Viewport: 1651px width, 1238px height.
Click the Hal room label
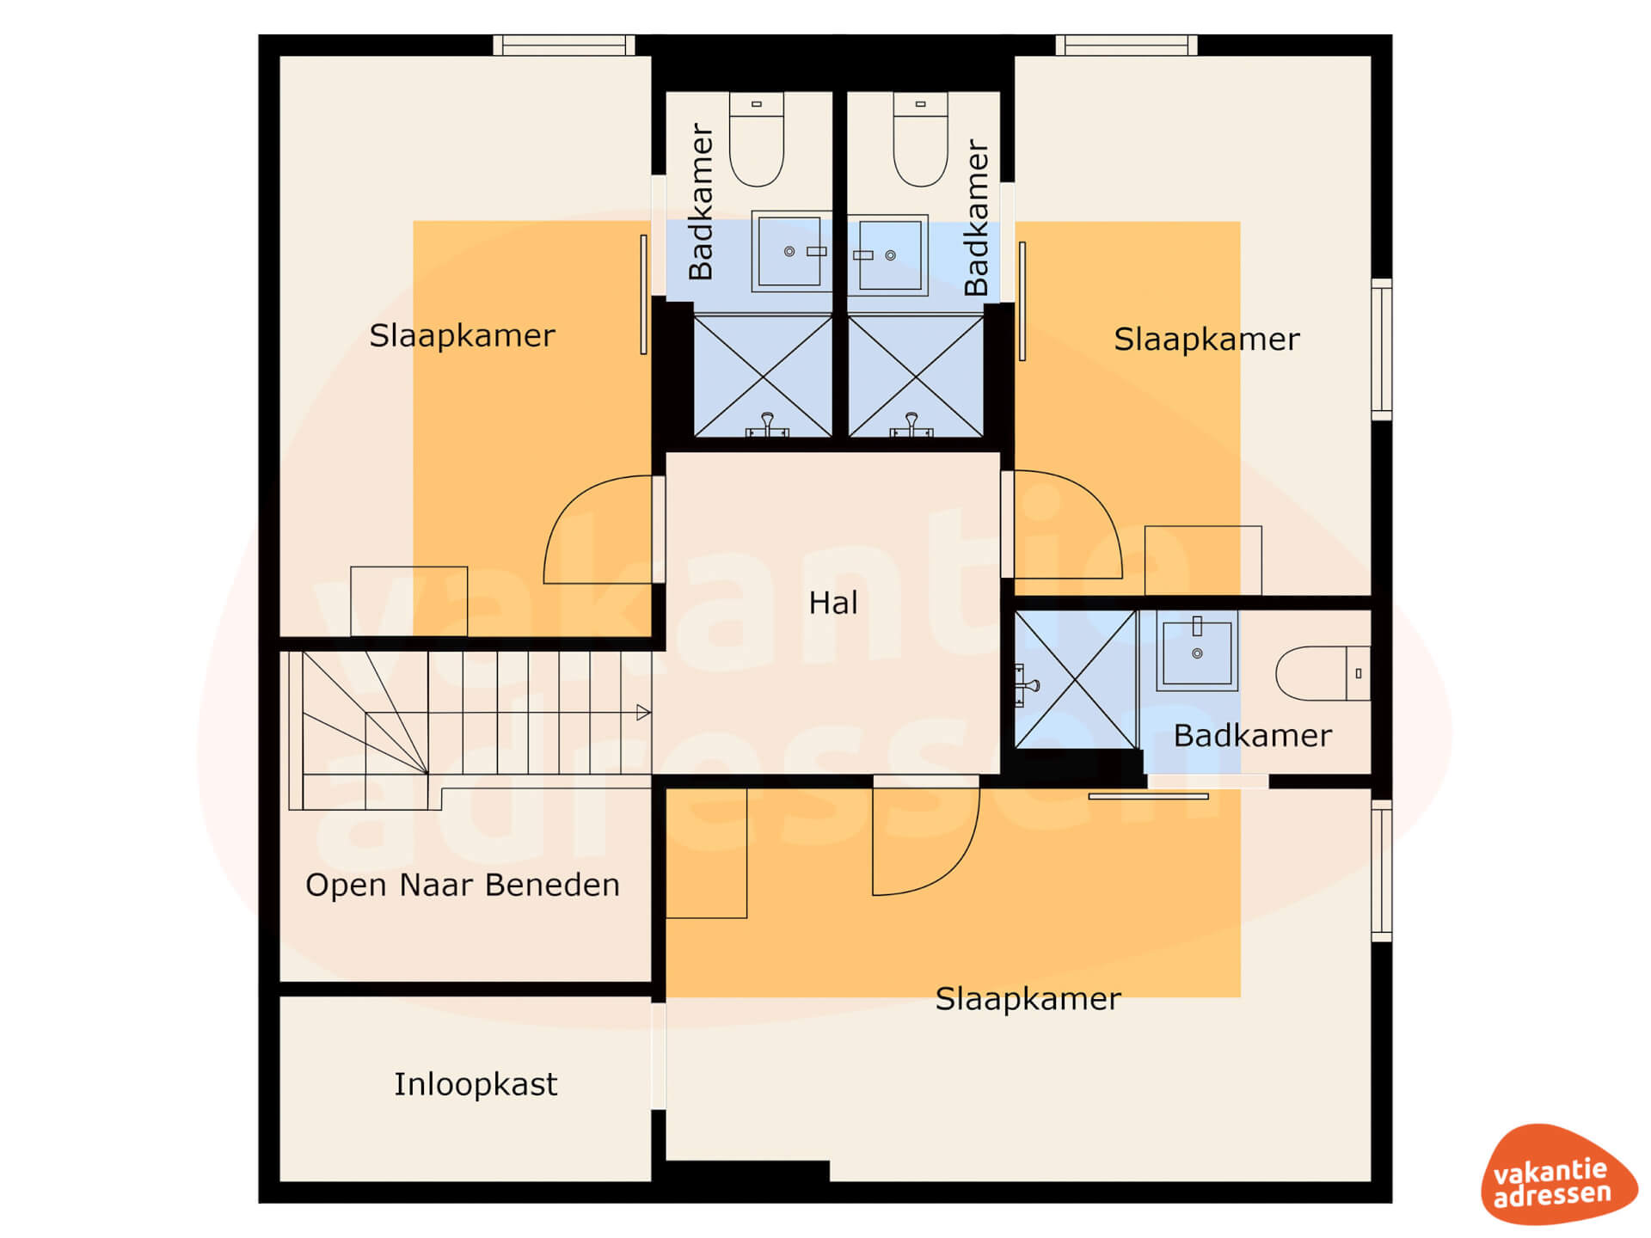(832, 603)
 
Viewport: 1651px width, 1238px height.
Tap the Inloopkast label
(476, 1084)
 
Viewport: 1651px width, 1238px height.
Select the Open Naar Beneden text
(463, 885)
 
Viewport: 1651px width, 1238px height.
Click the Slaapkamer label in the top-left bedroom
(462, 335)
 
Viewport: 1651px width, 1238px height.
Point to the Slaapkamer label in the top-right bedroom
(1206, 339)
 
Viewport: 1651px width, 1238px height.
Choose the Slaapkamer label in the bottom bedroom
(1028, 998)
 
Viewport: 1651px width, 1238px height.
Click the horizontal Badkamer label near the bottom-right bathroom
(1252, 736)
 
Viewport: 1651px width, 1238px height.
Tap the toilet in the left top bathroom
(757, 139)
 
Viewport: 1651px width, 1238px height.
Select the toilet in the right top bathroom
(920, 139)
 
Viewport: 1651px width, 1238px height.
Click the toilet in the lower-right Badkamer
(1323, 673)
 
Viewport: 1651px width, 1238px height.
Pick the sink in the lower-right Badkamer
(1197, 652)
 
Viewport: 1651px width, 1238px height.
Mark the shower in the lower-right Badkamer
(1076, 679)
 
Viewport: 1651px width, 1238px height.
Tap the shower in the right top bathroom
(916, 377)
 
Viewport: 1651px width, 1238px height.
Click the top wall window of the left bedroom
(564, 45)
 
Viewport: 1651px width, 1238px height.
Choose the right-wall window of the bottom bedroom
(1381, 870)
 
